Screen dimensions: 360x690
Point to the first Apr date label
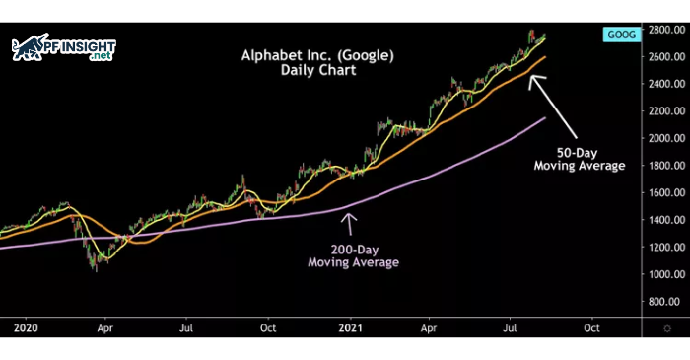tap(105, 325)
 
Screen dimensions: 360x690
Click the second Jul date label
tap(511, 325)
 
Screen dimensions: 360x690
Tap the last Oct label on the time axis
tap(592, 325)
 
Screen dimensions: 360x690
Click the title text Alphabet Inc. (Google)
tap(316, 55)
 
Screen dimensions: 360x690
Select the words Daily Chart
tap(316, 72)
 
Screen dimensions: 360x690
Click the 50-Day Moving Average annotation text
tap(580, 159)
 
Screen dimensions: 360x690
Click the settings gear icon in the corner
tap(669, 326)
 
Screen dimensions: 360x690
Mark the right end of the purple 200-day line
tap(545, 118)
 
